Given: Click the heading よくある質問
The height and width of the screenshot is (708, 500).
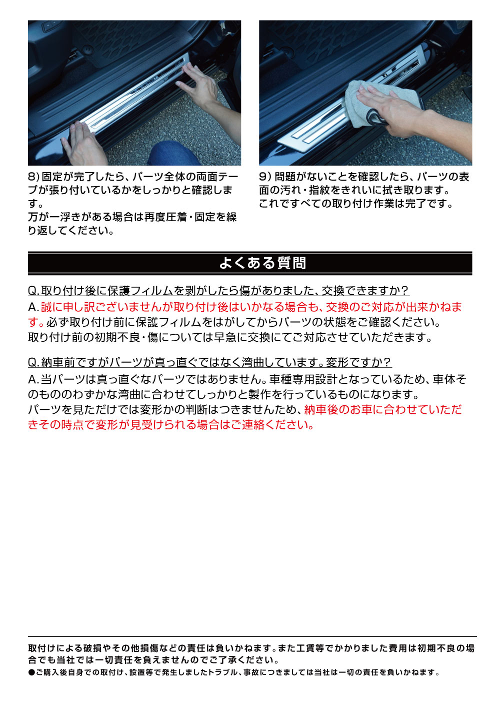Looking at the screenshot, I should (x=262, y=263).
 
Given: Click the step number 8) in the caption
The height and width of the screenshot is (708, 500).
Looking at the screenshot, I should (x=33, y=177).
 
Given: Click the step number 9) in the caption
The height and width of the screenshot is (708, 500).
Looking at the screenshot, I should (x=265, y=177).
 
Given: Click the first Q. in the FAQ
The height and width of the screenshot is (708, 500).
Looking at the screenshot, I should (x=33, y=291).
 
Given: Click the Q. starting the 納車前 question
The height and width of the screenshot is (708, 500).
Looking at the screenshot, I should (x=33, y=362).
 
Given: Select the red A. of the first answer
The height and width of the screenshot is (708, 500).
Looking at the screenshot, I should (x=33, y=307).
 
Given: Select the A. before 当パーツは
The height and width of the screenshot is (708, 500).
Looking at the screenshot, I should (x=33, y=379).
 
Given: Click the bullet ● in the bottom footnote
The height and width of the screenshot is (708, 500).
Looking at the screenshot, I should (x=31, y=672).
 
